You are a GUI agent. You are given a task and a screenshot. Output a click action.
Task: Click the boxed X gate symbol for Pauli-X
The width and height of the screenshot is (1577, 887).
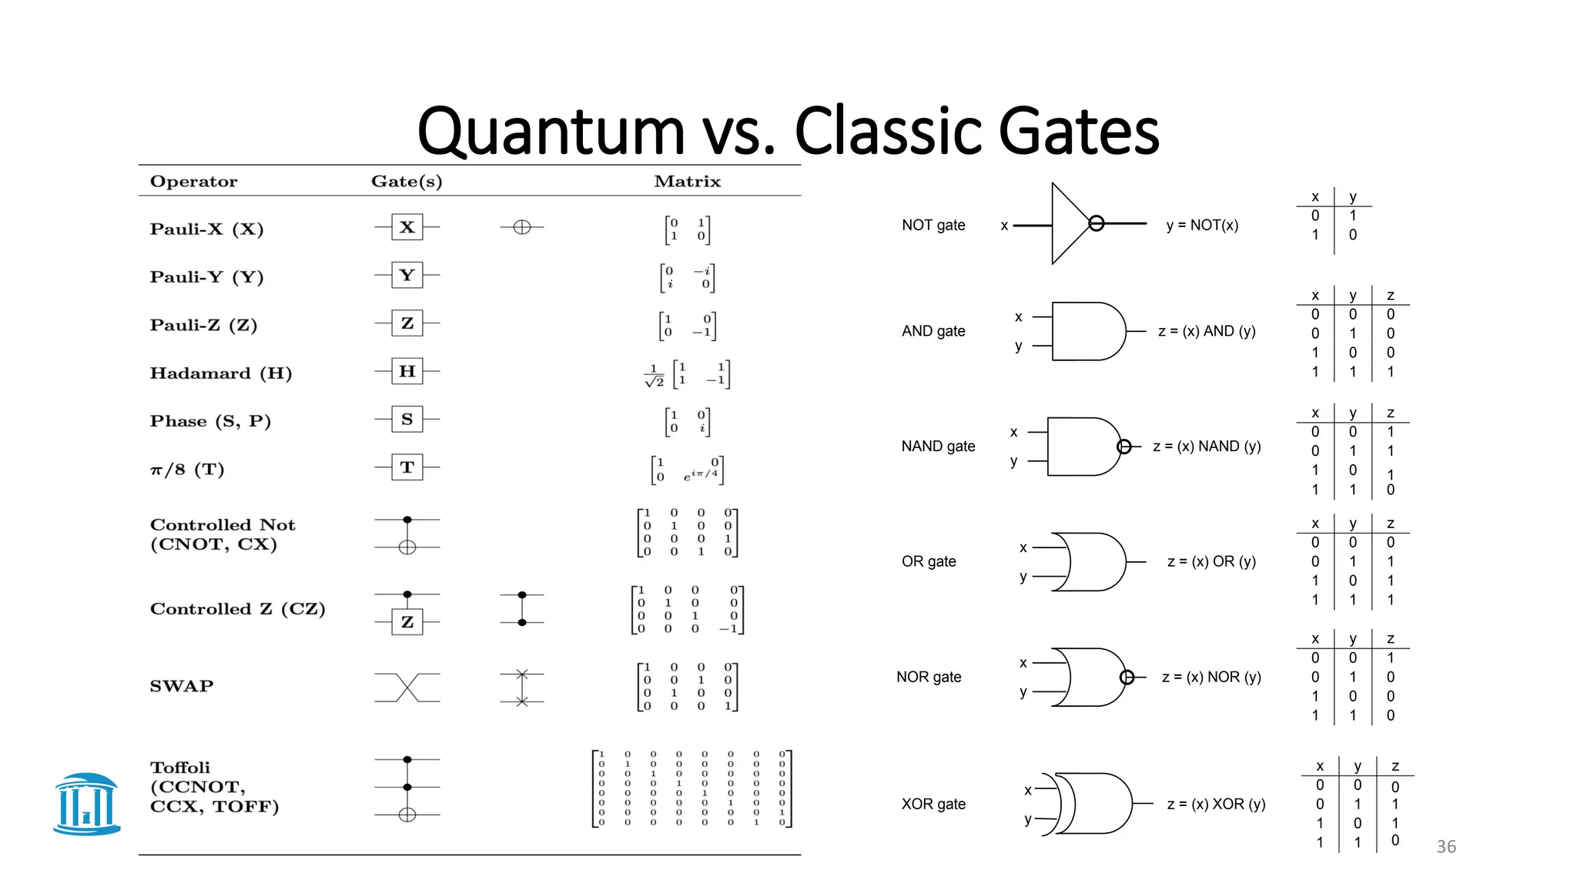pyautogui.click(x=407, y=227)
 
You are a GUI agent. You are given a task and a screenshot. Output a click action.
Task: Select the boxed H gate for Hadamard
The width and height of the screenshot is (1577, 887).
pyautogui.click(x=407, y=371)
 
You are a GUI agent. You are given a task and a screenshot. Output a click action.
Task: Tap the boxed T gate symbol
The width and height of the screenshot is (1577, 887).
pyautogui.click(x=407, y=467)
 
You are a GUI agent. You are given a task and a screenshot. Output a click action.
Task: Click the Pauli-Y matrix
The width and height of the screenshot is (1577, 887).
pyautogui.click(x=687, y=277)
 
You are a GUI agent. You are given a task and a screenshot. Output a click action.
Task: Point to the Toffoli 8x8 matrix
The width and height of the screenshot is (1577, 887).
pyautogui.click(x=691, y=788)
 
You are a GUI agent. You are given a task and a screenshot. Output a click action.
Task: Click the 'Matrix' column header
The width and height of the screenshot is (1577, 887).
pyautogui.click(x=687, y=182)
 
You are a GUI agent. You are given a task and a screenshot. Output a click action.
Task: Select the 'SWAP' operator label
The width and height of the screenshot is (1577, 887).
pyautogui.click(x=182, y=686)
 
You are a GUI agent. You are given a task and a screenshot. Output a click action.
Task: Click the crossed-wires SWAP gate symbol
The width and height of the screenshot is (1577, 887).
pyautogui.click(x=407, y=687)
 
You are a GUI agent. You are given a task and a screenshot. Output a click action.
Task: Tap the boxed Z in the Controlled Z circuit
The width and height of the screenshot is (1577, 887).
pyautogui.click(x=407, y=621)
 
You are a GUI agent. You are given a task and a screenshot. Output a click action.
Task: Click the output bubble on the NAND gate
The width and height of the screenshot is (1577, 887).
pyautogui.click(x=1123, y=447)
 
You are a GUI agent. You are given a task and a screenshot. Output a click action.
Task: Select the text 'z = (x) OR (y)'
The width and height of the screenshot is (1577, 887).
pyautogui.click(x=1211, y=561)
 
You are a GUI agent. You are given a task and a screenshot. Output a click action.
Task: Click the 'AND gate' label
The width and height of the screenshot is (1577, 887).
pyautogui.click(x=933, y=331)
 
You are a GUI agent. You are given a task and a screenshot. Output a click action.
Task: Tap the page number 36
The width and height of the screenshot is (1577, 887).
pyautogui.click(x=1446, y=847)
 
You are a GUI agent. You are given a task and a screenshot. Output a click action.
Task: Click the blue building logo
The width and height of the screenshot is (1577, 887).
pyautogui.click(x=87, y=804)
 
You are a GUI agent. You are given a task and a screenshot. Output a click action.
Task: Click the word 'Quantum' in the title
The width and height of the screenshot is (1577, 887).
pyautogui.click(x=551, y=131)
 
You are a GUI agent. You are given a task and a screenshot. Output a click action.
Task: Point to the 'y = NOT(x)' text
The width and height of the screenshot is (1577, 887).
pyautogui.click(x=1202, y=225)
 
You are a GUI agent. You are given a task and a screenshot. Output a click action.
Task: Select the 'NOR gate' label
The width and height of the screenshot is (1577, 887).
pyautogui.click(x=929, y=677)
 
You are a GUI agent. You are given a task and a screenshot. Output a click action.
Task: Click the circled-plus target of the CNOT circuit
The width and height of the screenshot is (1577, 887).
pyautogui.click(x=407, y=547)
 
